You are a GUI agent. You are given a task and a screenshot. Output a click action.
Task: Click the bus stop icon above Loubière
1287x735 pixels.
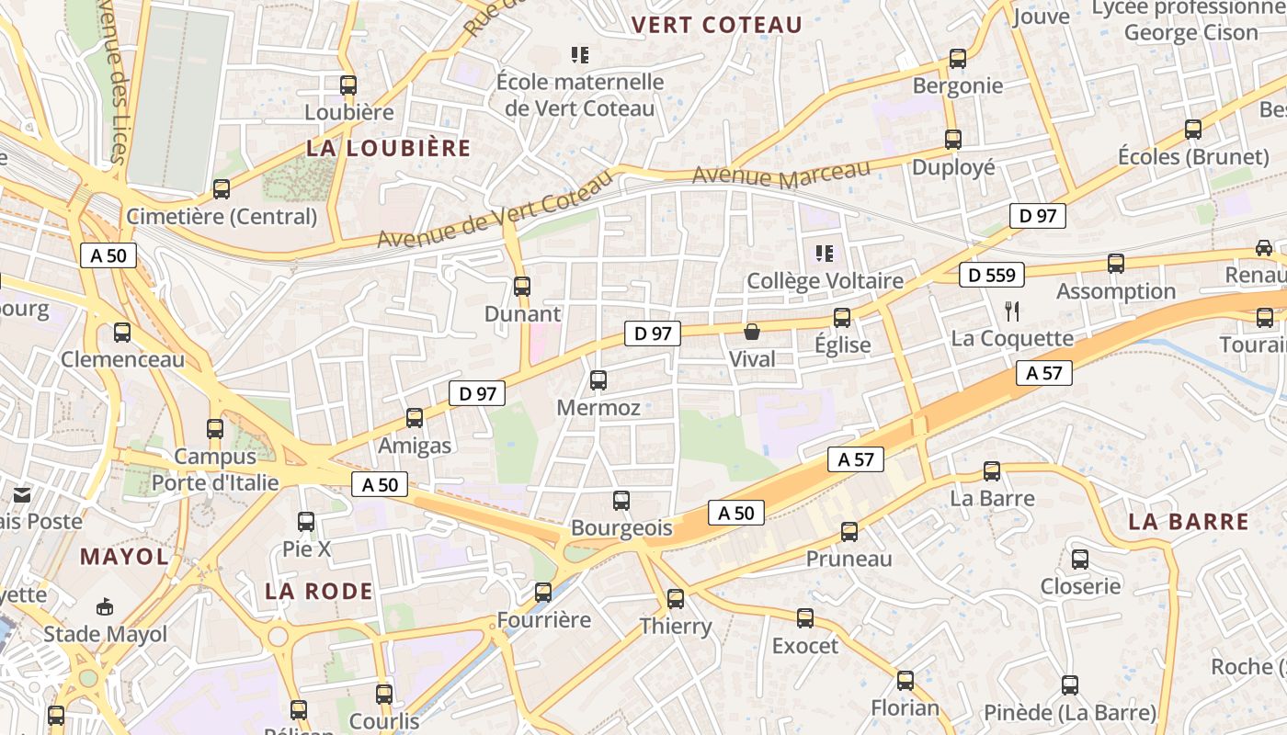coord(347,85)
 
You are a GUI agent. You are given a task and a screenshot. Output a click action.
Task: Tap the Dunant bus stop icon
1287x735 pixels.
coord(522,286)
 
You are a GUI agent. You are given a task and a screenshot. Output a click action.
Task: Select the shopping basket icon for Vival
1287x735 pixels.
coord(752,332)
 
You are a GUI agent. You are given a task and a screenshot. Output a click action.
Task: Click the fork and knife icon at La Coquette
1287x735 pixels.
coord(1012,311)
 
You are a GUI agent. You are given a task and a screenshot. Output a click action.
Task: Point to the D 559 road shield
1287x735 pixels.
coord(992,275)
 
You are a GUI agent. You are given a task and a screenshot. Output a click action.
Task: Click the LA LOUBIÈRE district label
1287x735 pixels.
coord(388,148)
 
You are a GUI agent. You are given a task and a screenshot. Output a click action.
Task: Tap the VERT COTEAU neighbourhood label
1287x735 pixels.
coord(717,25)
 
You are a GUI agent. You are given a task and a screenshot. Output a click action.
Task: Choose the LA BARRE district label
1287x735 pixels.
coord(1188,522)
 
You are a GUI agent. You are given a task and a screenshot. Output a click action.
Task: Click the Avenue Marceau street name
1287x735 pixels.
coord(780,175)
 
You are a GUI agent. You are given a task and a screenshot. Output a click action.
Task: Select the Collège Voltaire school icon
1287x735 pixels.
coord(824,253)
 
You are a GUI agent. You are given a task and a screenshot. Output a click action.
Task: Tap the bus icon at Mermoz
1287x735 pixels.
coord(598,379)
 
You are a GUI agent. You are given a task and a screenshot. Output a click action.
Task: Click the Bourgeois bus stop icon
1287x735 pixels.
coord(621,501)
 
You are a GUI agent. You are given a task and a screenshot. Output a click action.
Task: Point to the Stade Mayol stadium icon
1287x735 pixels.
coord(105,606)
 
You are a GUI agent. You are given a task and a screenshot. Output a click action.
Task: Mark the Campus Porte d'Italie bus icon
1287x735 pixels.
coord(215,428)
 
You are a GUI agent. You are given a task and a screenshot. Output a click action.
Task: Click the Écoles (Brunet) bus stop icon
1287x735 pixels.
coord(1193,130)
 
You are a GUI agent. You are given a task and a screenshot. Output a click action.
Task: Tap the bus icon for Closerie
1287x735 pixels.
coord(1080,559)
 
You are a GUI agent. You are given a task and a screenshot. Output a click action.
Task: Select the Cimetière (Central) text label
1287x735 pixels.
coord(222,217)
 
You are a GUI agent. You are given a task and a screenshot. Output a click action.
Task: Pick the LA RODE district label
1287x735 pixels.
coord(319,591)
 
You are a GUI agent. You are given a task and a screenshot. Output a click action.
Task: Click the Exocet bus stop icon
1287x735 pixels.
coord(805,618)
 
